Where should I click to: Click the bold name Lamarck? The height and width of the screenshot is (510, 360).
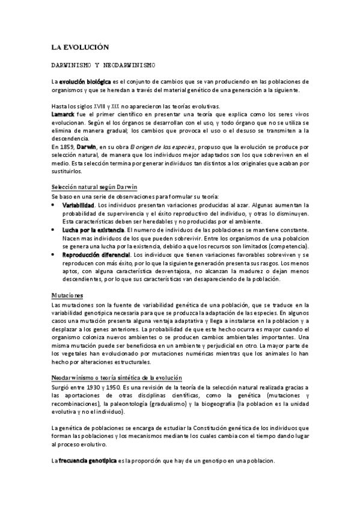[63, 112]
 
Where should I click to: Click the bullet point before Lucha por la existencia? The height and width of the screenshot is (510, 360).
[55, 230]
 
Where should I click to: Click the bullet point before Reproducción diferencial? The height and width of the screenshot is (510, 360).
[55, 255]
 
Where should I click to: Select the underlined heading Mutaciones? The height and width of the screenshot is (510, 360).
[67, 295]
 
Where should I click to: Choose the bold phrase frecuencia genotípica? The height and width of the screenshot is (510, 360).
[92, 460]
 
